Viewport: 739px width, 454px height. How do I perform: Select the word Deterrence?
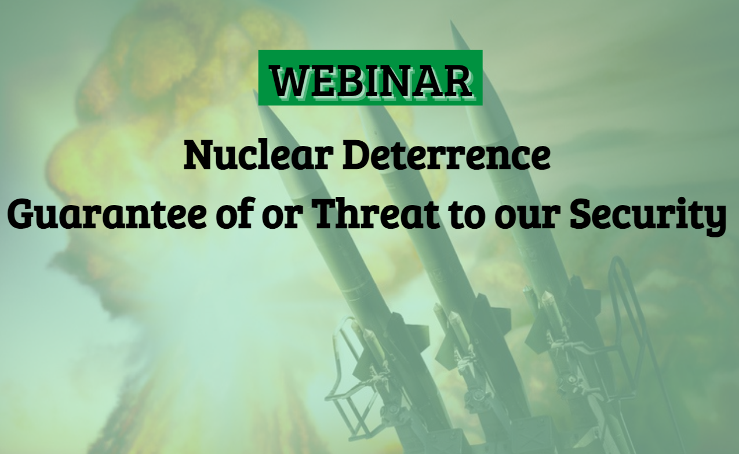[x=446, y=155]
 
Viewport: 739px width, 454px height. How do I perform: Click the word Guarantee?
[x=107, y=214]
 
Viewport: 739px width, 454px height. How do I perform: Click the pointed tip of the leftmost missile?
[x=254, y=90]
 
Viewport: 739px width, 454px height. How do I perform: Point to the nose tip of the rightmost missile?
[x=451, y=22]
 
